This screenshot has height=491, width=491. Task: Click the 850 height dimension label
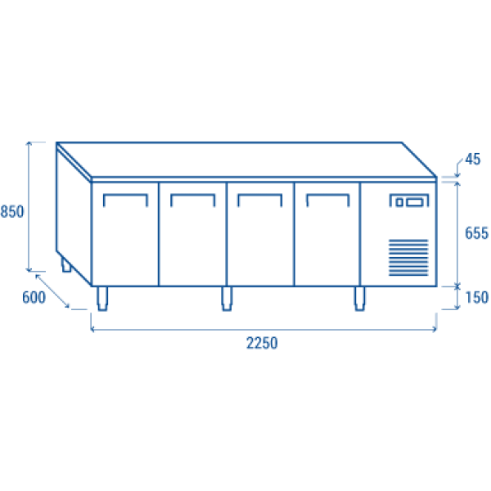12,211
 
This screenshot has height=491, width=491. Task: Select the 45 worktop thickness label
472,160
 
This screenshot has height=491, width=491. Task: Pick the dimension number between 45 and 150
477,233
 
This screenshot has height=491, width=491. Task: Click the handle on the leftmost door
125,196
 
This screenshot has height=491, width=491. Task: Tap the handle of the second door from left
192,196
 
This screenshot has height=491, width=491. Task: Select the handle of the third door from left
259,196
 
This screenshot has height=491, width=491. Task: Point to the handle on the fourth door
327,196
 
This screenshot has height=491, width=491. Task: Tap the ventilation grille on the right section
408,255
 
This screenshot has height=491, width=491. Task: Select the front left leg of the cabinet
102,300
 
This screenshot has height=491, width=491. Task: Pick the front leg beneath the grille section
359,300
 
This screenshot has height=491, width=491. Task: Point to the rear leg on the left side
65,265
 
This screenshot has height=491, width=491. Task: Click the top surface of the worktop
245,160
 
